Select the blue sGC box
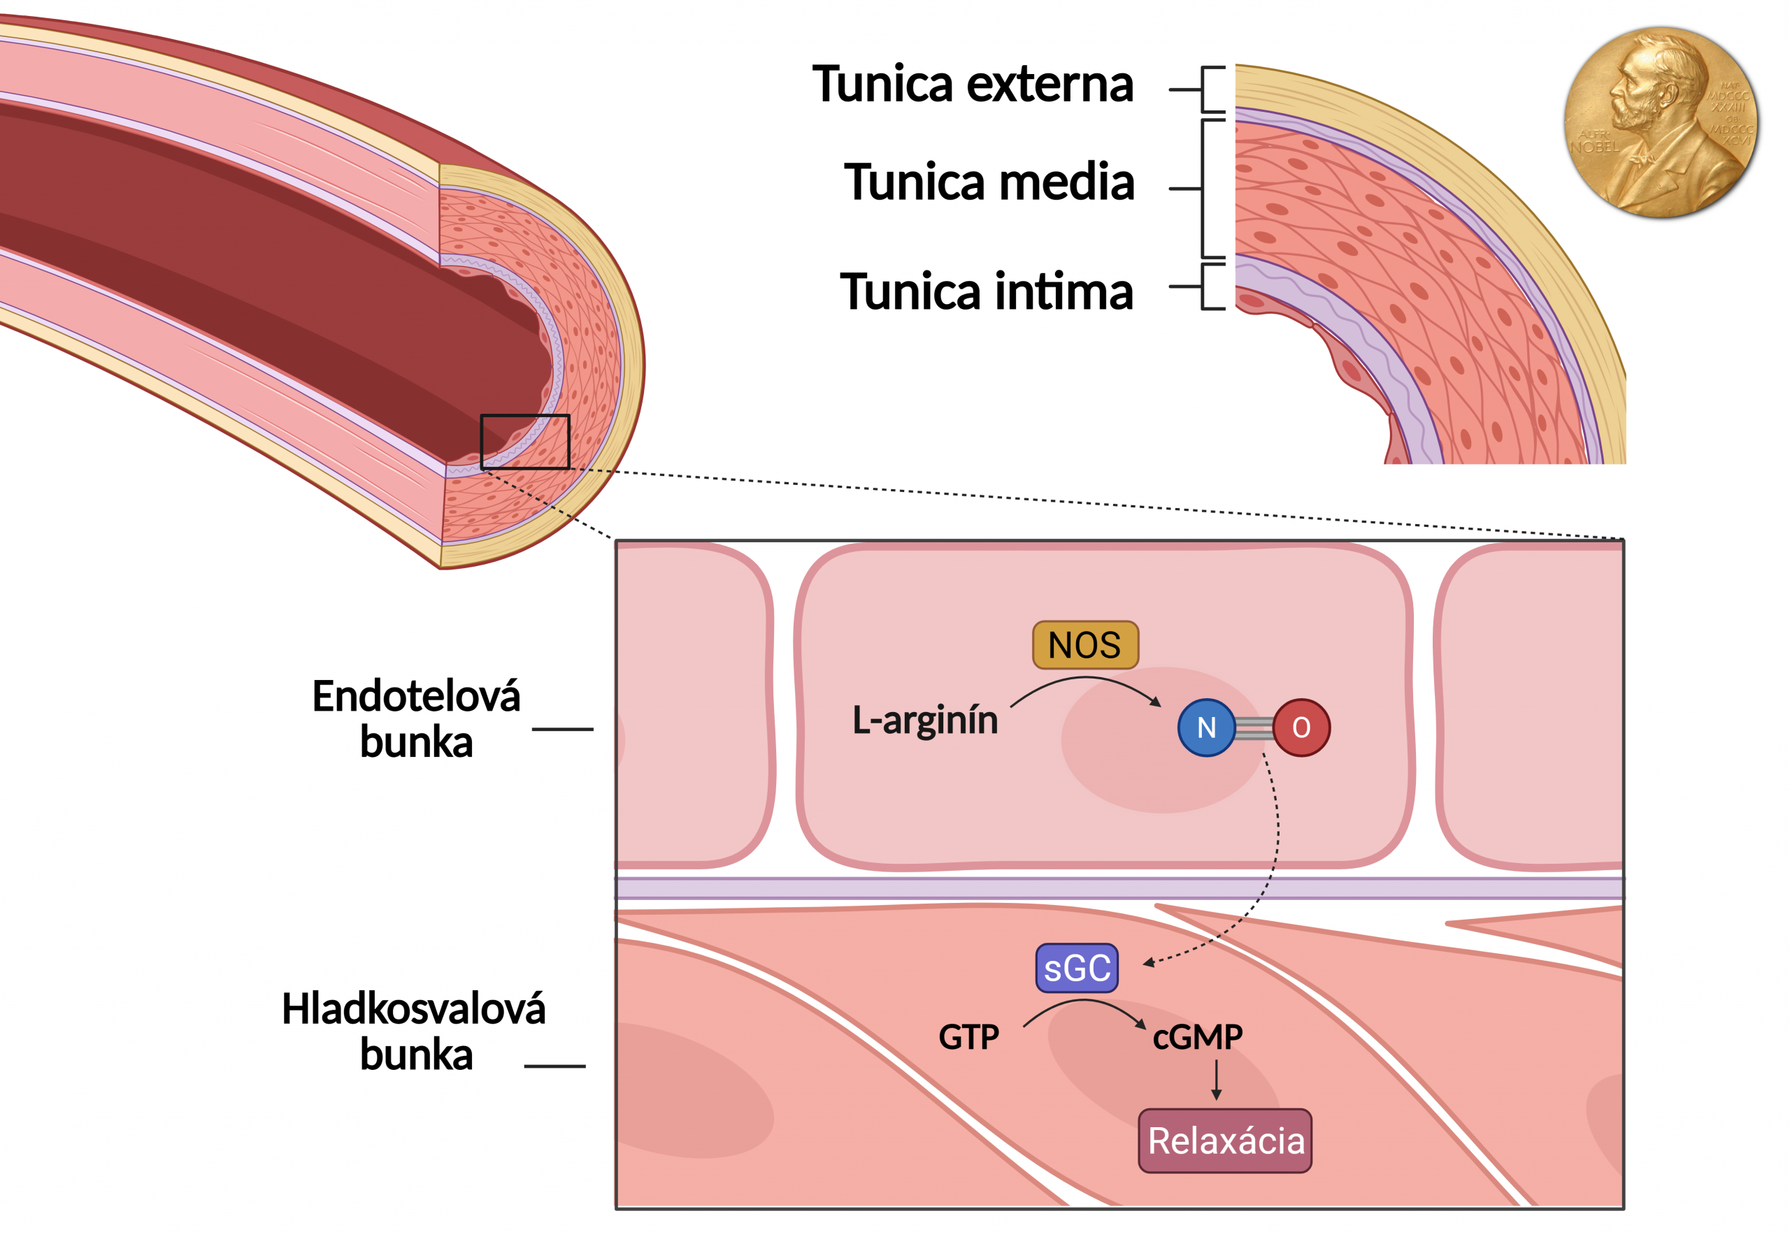1076,968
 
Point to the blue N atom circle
1206,727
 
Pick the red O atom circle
1301,727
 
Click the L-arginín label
925,720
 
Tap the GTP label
968,1037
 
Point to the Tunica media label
989,182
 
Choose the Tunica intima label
986,292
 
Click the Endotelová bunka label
416,718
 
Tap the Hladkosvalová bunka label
414,1031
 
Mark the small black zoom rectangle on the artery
525,442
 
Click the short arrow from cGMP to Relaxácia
1216,1080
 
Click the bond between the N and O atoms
1254,728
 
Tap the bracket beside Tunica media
1203,188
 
